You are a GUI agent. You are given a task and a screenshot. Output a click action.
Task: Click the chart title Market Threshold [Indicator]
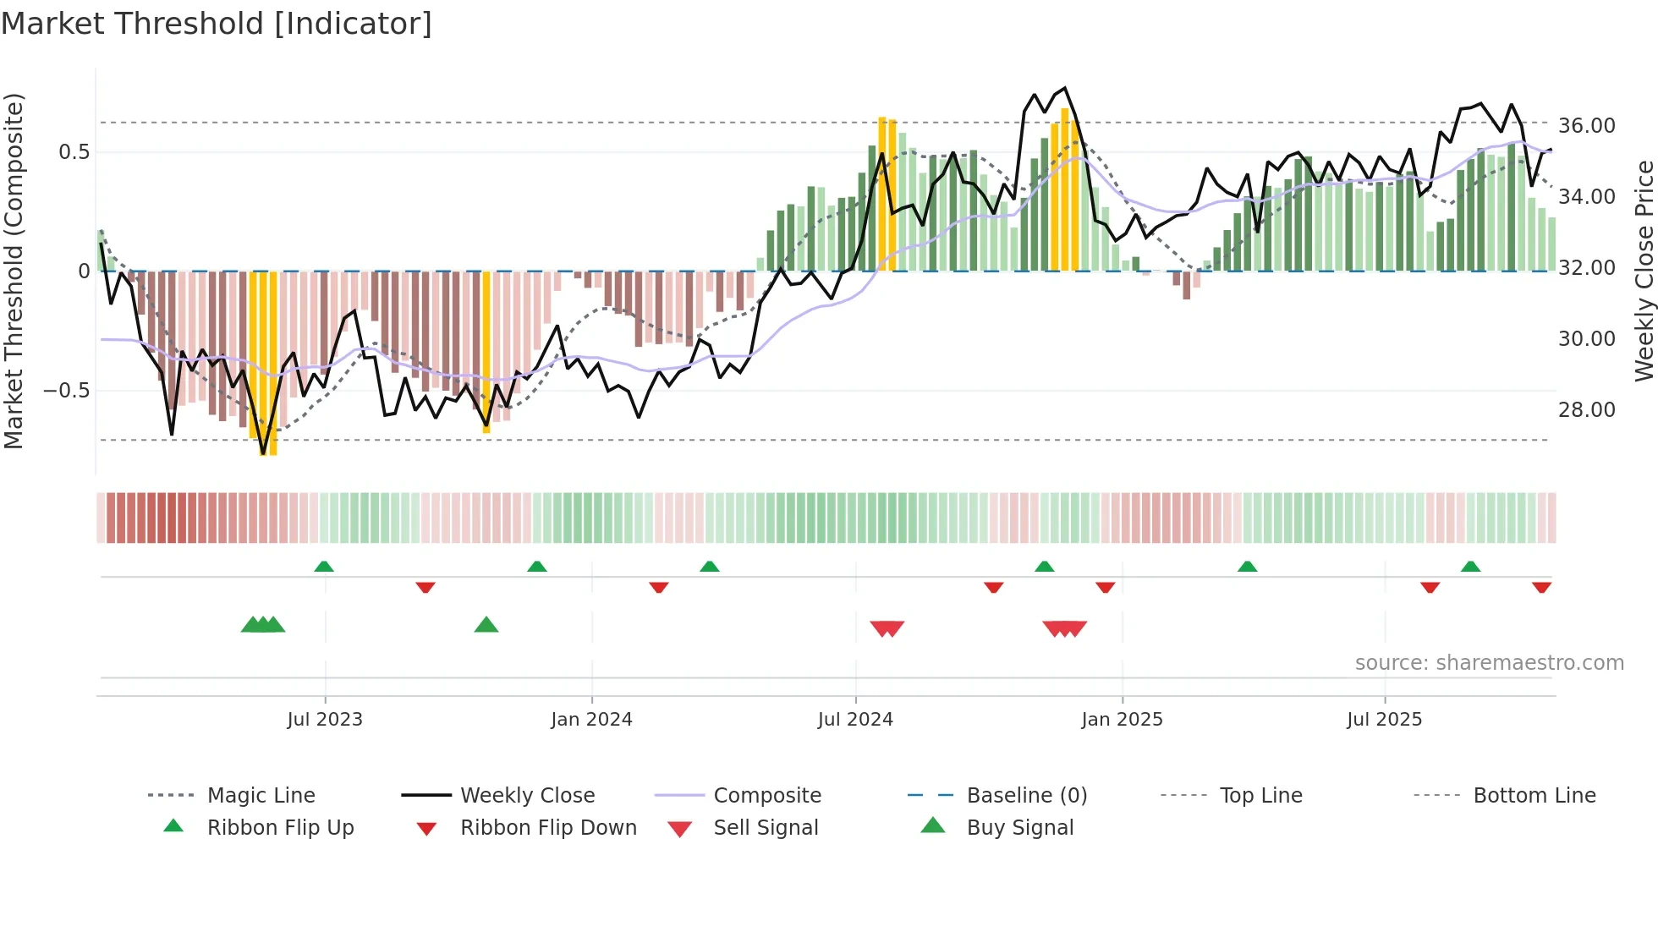[x=217, y=24]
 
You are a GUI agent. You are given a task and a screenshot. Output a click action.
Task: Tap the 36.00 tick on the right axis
[x=1586, y=125]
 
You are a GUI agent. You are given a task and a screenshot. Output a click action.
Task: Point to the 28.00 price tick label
[x=1586, y=409]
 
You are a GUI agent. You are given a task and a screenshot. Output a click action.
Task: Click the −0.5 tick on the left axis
[x=66, y=391]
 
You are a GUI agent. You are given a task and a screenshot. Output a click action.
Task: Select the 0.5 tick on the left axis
[x=74, y=151]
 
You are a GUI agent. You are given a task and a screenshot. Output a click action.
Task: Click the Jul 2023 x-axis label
[x=325, y=719]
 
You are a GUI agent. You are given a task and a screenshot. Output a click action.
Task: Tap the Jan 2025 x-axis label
[x=1122, y=719]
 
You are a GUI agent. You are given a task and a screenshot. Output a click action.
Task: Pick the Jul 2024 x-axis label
[x=855, y=719]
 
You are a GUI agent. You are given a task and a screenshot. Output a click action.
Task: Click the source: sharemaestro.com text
[x=1489, y=662]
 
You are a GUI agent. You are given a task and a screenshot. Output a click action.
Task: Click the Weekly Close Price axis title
[x=1644, y=271]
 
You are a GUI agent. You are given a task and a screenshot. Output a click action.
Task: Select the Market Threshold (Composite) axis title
[x=14, y=271]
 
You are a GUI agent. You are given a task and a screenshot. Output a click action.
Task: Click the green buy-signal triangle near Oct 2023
[x=486, y=625]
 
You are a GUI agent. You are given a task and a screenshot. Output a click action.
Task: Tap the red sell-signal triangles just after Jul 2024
[x=887, y=628]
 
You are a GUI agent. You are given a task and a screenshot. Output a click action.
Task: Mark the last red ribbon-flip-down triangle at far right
[x=1541, y=587]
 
